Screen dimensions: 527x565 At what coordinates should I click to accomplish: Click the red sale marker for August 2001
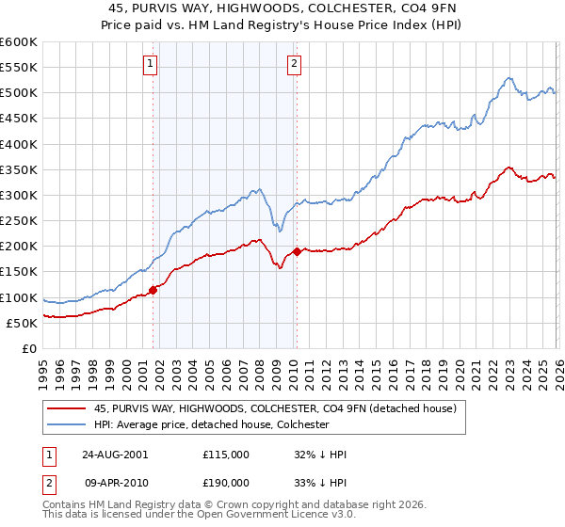[x=153, y=290]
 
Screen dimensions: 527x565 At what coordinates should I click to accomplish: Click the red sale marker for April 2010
[x=297, y=251]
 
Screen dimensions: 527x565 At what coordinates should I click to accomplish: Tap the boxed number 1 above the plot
[x=151, y=64]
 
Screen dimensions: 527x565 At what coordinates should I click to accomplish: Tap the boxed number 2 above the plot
[x=294, y=64]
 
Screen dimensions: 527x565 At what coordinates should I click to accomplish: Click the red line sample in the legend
[x=67, y=408]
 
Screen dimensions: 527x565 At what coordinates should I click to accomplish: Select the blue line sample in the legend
[x=67, y=424]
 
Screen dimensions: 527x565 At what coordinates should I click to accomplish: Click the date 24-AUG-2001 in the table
[x=114, y=454]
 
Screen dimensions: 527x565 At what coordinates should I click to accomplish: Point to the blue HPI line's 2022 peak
[x=508, y=78]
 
